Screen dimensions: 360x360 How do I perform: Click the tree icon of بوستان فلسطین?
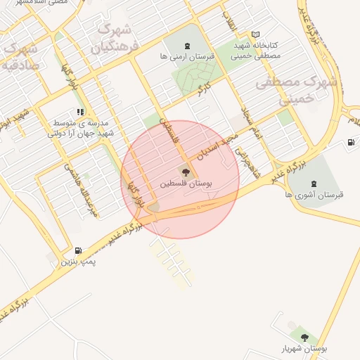[186, 171]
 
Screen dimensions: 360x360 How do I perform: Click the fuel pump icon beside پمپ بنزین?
[77, 250]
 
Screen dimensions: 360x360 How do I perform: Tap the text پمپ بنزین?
[77, 262]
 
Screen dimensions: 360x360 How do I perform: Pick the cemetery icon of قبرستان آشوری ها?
[313, 184]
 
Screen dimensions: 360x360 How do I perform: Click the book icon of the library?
[255, 34]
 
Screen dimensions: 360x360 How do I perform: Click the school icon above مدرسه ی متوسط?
[82, 111]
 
